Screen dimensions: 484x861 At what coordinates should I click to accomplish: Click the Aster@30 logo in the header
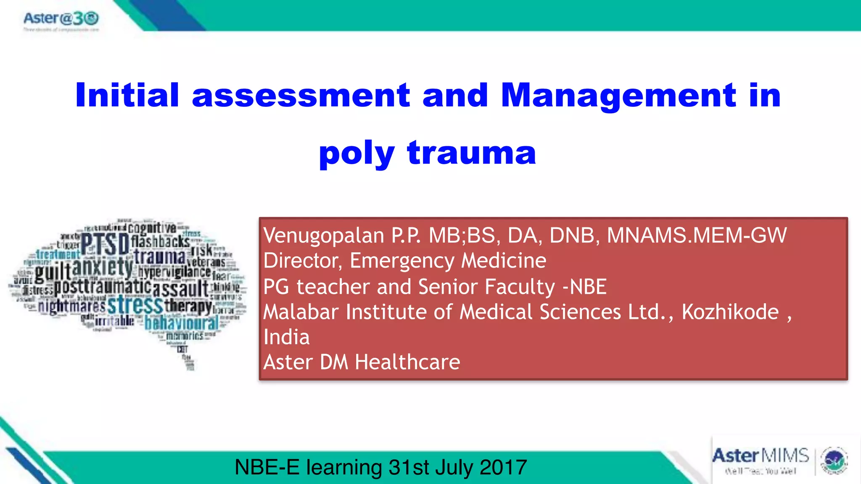(x=61, y=19)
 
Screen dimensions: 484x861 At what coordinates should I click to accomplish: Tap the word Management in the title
(x=618, y=96)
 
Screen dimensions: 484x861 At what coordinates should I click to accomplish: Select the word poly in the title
(x=357, y=154)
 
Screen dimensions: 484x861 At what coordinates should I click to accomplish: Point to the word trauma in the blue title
(x=472, y=153)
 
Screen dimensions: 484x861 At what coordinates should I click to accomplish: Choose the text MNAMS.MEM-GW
(x=697, y=235)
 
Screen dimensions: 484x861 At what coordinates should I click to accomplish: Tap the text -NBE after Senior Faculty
(x=585, y=287)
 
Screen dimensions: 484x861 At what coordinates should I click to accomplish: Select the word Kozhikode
(x=730, y=312)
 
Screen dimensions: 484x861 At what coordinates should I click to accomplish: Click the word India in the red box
(x=287, y=337)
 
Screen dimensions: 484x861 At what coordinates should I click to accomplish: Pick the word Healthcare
(x=407, y=362)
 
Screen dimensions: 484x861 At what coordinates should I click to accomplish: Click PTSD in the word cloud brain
(x=105, y=245)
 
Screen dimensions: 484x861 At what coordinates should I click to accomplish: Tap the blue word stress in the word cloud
(x=135, y=305)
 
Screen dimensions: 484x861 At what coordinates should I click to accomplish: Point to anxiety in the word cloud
(x=103, y=268)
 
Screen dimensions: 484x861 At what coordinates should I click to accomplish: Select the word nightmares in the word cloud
(x=71, y=307)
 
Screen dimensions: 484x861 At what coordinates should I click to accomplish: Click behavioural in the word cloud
(x=182, y=323)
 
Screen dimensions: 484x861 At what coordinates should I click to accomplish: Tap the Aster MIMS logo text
(x=761, y=456)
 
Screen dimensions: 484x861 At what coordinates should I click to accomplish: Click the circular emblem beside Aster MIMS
(x=834, y=461)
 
